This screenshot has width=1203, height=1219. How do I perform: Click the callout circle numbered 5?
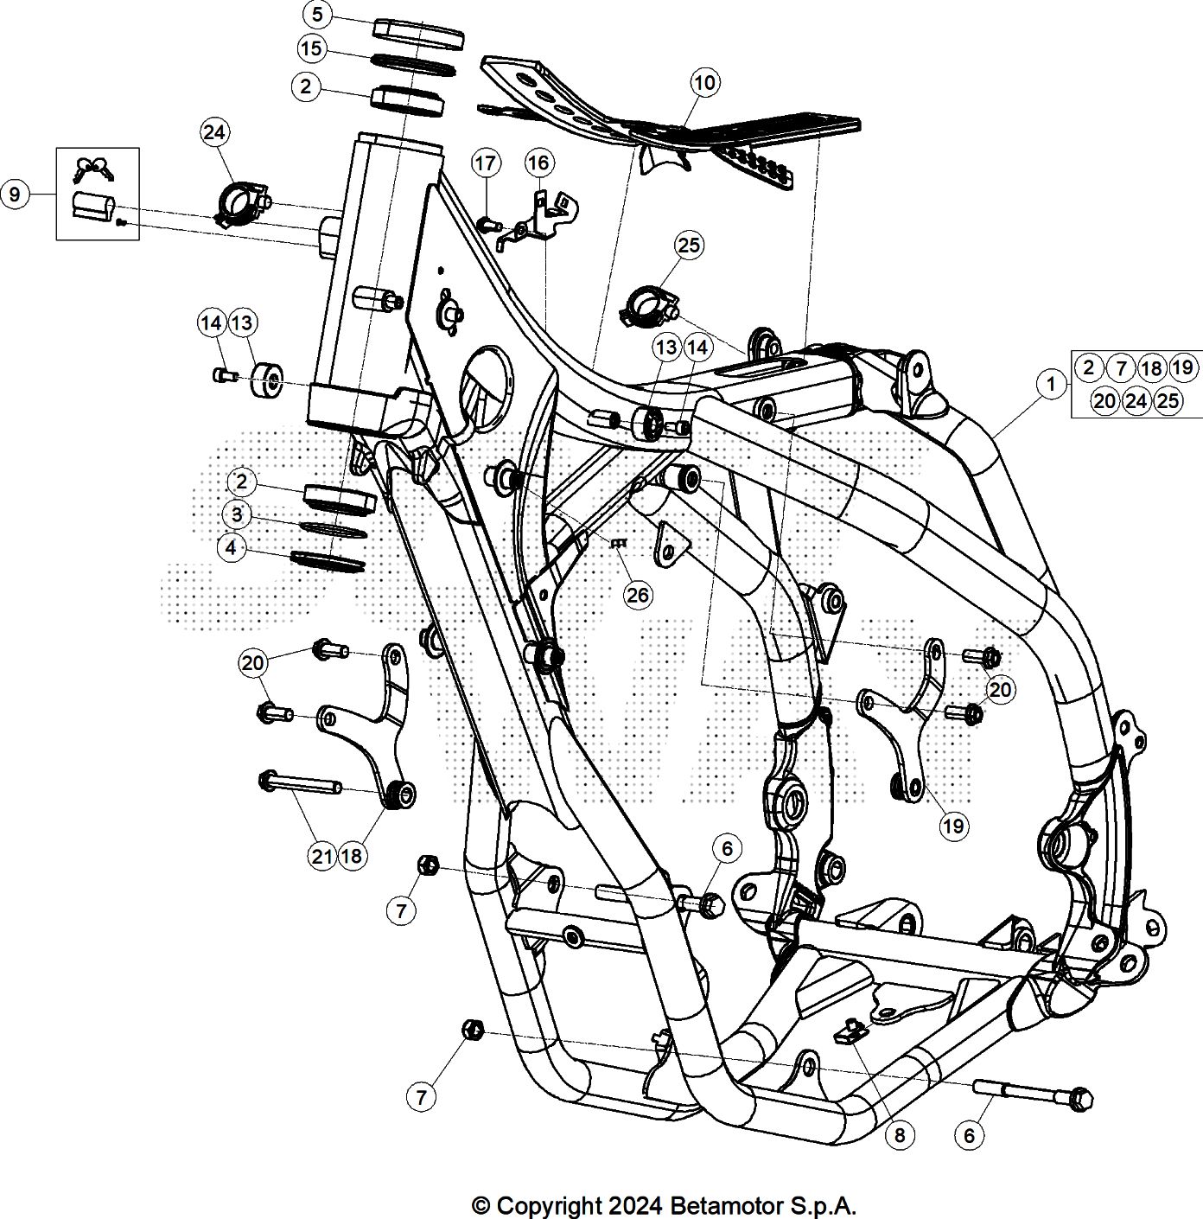(317, 15)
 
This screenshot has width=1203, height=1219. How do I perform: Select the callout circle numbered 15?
(311, 48)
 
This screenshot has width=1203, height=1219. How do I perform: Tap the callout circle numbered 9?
(15, 195)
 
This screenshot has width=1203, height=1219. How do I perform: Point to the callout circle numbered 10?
(705, 83)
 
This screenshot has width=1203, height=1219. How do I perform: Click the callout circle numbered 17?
(486, 163)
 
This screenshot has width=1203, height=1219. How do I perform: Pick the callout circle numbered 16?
(538, 163)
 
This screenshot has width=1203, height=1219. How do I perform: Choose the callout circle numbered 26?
(638, 595)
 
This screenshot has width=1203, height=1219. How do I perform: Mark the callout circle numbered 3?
(236, 515)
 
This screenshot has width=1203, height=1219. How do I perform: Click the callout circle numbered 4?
(231, 547)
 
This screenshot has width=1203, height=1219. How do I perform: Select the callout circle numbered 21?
(322, 856)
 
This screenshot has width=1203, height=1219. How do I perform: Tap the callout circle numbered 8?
(900, 1134)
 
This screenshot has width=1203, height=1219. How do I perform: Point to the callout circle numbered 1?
(1050, 384)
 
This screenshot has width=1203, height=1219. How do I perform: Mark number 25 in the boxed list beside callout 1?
(1168, 400)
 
